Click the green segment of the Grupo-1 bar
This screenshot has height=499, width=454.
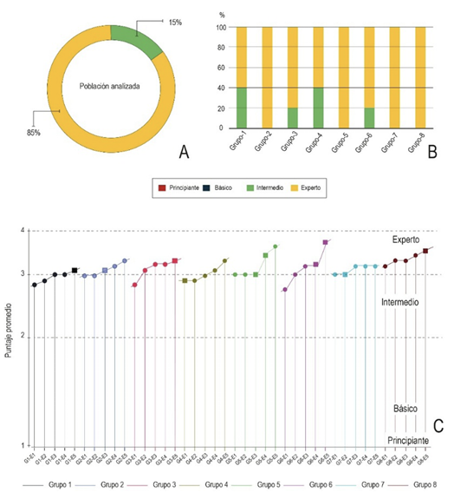pyautogui.click(x=242, y=108)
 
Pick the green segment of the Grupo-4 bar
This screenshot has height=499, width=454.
pyautogui.click(x=317, y=108)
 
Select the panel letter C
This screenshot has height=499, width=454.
pyautogui.click(x=438, y=426)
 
